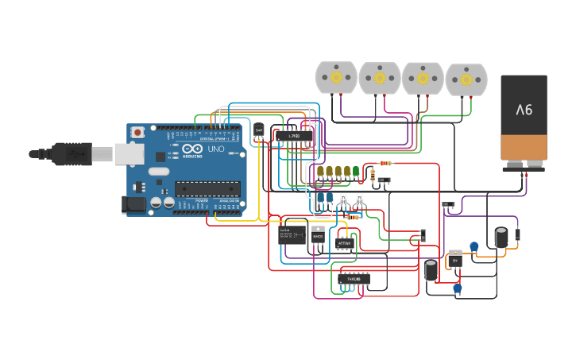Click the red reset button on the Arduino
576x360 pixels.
click(137, 132)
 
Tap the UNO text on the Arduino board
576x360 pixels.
click(215, 149)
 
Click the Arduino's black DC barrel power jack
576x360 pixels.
click(133, 205)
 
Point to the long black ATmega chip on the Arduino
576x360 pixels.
click(207, 188)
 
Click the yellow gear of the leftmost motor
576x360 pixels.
click(336, 77)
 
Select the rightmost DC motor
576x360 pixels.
click(466, 79)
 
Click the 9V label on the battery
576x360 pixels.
click(524, 110)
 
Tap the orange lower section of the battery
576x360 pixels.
click(524, 147)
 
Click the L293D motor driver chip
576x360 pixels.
click(294, 136)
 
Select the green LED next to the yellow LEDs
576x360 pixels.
click(356, 171)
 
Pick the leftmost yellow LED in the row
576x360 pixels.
click(320, 171)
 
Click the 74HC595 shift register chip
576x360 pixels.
click(354, 279)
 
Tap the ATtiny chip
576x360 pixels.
click(344, 243)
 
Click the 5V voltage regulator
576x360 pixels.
click(455, 259)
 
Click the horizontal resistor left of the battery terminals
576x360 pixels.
click(385, 163)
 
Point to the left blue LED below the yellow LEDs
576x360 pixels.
click(320, 197)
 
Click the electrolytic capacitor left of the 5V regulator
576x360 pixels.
click(431, 270)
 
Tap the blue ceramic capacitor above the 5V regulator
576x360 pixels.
click(474, 247)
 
